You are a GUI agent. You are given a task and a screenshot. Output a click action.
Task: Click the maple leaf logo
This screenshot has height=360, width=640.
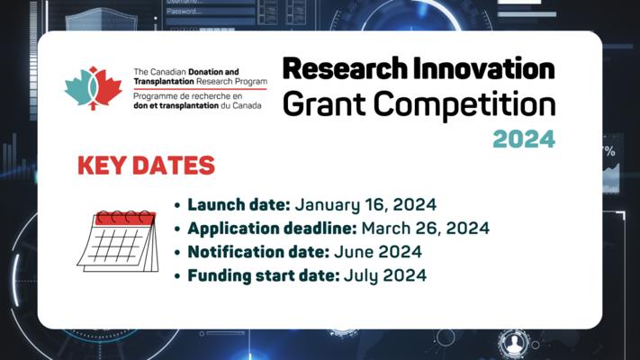pos(94,88)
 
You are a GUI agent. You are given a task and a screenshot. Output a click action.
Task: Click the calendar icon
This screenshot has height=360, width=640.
pos(118,241)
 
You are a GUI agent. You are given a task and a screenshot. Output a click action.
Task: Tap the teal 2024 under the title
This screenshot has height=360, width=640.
pos(524,139)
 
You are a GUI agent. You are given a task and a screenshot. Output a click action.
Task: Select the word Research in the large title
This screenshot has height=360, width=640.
pos(345,68)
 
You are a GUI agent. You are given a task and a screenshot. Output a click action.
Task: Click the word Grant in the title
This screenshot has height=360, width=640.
pos(325,104)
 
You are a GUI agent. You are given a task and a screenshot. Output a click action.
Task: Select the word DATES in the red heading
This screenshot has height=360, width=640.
pos(174,166)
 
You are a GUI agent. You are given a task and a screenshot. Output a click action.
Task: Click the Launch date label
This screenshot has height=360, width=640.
pos(239,204)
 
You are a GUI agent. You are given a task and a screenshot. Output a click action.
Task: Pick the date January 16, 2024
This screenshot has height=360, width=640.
pos(365,205)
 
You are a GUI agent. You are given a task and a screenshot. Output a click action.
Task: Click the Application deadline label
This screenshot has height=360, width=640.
pos(272,229)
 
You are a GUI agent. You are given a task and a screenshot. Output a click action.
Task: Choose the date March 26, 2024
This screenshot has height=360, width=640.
pos(426,229)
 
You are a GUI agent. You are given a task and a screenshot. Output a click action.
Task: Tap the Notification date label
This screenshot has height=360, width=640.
pos(258,252)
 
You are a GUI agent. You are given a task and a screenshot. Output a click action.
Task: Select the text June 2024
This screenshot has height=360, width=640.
pos(378,252)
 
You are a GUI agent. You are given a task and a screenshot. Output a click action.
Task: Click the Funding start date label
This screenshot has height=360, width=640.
pos(264,275)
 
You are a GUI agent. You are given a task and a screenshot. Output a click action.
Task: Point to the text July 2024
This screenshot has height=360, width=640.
pos(385,276)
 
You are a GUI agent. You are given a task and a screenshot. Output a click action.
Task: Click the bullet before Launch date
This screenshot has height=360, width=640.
pos(177,205)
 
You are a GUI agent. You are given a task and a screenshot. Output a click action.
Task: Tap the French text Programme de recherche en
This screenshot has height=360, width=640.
pos(188,96)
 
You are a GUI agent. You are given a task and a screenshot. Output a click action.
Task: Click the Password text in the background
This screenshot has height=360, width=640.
pos(185,12)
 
